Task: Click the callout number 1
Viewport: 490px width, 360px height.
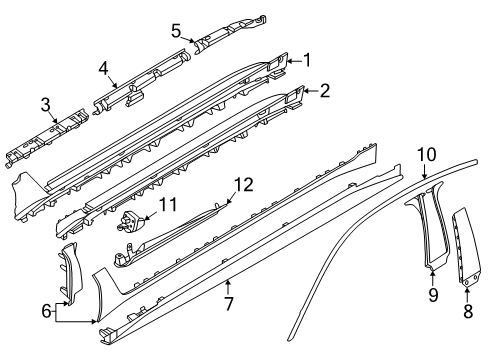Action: point(307,60)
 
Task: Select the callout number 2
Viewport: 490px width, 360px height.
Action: point(324,90)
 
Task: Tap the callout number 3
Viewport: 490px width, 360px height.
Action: point(46,105)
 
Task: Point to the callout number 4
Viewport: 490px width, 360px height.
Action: point(103,69)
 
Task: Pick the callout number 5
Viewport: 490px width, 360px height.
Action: point(176,31)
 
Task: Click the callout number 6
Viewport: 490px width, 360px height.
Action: point(47,311)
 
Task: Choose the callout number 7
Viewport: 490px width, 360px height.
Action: point(229,303)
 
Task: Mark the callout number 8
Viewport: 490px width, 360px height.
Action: point(468,311)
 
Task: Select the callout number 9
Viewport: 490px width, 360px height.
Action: point(433,295)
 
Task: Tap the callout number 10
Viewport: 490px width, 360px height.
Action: point(427,155)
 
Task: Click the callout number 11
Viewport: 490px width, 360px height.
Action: point(168,204)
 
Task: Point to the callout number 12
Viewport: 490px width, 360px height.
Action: point(244,185)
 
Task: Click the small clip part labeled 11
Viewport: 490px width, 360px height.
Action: point(131,221)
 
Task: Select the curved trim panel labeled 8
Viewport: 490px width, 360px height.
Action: point(466,247)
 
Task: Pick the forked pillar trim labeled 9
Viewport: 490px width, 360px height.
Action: point(427,223)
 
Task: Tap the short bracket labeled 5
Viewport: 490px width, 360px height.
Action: point(230,33)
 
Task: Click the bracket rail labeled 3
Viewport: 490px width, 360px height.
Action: point(47,137)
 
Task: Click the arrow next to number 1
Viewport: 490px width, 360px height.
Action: point(294,61)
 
